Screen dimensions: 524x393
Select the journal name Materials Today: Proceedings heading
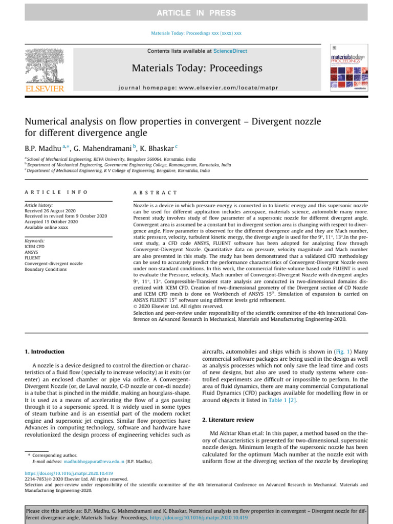(x=197, y=68)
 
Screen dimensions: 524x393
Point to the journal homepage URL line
(x=196, y=88)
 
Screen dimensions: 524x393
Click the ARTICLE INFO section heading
(x=56, y=192)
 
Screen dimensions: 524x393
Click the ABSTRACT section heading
(x=155, y=192)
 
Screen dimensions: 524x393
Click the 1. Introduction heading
(x=45, y=352)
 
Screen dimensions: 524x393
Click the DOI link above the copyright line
(x=69, y=473)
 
